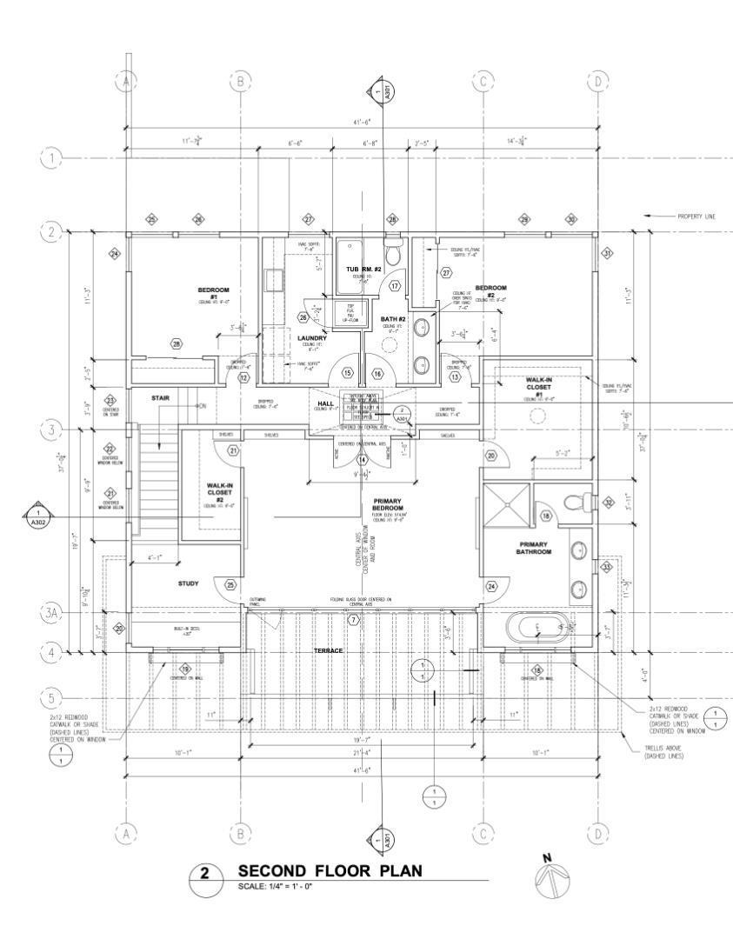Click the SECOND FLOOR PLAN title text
(330, 871)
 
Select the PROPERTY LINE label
(696, 216)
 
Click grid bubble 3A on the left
(51, 614)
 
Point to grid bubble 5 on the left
(51, 697)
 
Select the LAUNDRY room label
(311, 337)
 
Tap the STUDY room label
(188, 583)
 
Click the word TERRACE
(329, 650)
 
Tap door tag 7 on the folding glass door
(353, 620)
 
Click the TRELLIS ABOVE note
(663, 752)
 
